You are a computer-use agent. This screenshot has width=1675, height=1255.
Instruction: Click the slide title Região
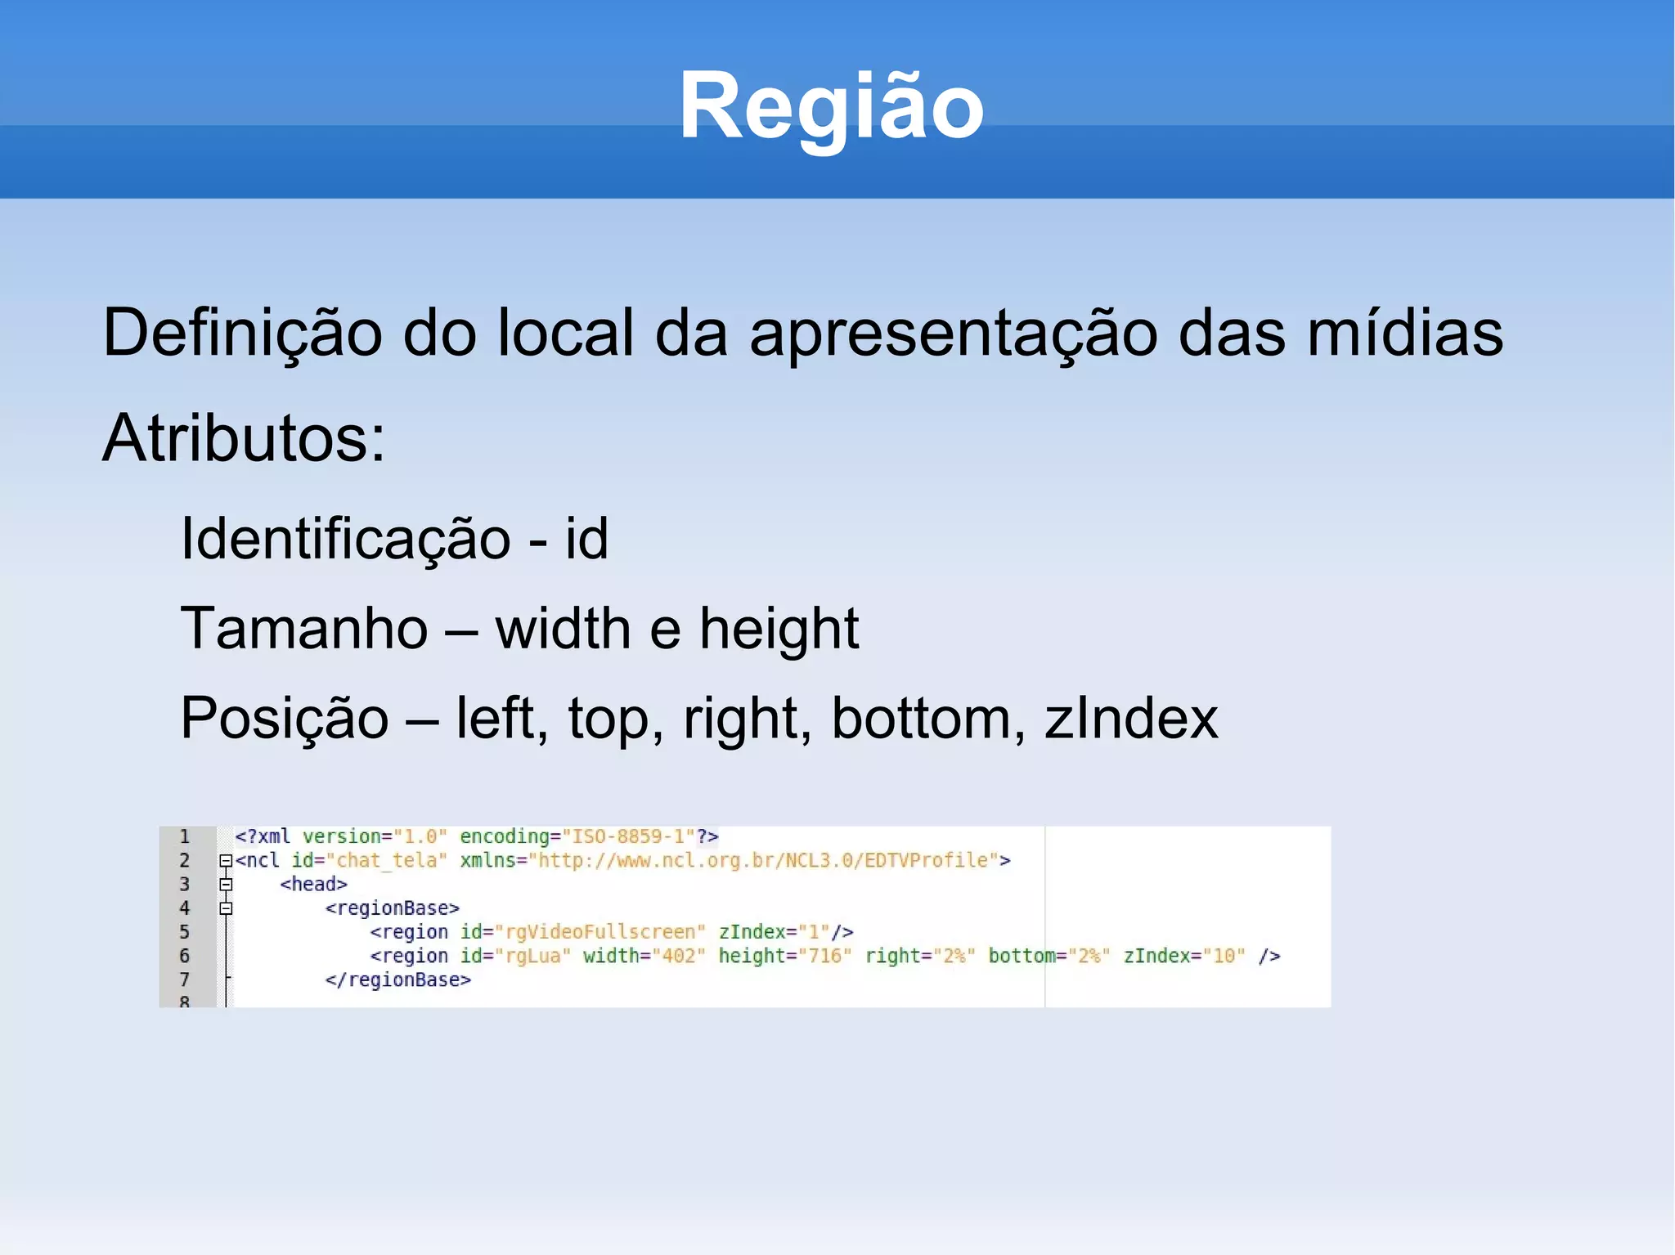(831, 107)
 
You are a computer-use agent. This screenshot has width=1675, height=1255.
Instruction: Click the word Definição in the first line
(242, 333)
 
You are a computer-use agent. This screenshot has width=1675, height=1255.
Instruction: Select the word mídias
(1405, 333)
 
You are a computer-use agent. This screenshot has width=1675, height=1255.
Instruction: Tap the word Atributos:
(243, 438)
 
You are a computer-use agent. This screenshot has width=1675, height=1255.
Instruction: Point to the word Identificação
(345, 539)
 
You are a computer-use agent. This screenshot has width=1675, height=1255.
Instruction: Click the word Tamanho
(303, 629)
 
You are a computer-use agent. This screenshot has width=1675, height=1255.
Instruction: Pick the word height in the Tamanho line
(779, 629)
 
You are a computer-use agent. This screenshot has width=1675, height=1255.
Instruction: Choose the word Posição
(284, 718)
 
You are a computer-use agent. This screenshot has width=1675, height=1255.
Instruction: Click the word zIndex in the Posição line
(1131, 718)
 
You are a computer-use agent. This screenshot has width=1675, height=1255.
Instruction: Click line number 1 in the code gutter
(185, 836)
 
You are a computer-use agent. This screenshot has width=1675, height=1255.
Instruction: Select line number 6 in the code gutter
(185, 956)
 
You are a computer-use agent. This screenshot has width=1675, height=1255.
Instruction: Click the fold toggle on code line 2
(226, 860)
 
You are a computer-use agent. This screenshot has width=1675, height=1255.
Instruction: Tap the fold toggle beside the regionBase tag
(226, 908)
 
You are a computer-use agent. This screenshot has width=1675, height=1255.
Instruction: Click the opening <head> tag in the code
(313, 885)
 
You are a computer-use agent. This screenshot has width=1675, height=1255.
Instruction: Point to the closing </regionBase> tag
(397, 980)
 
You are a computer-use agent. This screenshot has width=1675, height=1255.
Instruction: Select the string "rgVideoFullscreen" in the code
(599, 932)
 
